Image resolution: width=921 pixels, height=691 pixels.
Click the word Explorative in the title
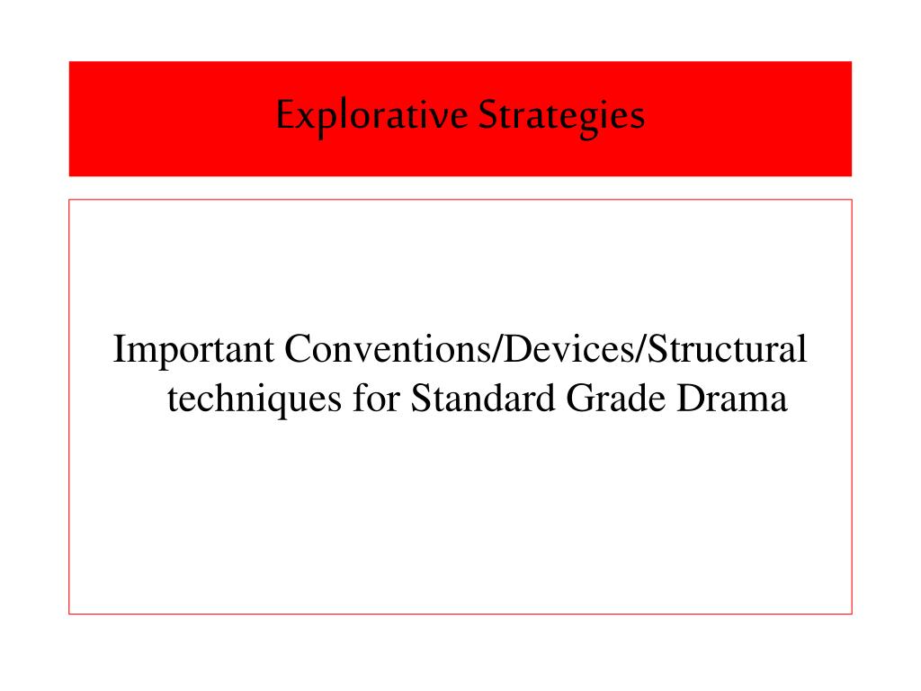coord(371,116)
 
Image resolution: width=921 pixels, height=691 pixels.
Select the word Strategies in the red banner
coord(561,116)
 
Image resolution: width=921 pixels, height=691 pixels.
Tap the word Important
coord(193,351)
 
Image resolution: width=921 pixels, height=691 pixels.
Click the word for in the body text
coord(376,398)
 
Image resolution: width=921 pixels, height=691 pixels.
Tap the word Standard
coord(483,398)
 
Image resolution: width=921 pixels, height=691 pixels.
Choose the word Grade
coord(615,398)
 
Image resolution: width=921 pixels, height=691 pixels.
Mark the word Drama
coord(732,398)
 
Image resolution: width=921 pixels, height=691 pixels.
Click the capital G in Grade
coord(580,399)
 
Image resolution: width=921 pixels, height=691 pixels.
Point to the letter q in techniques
coord(277,404)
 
